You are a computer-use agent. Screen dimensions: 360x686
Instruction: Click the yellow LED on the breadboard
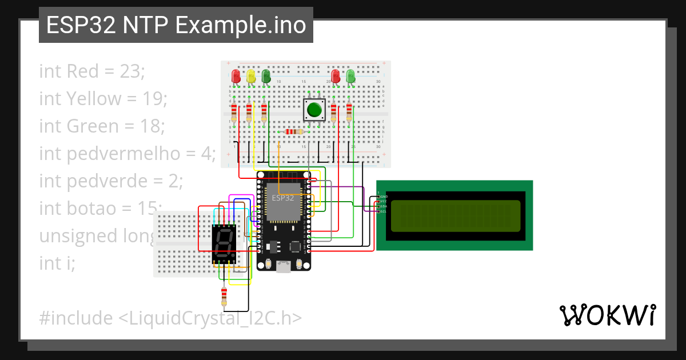250,76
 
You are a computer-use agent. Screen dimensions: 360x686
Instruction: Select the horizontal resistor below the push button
293,132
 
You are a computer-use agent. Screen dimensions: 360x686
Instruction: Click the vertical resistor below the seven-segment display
224,296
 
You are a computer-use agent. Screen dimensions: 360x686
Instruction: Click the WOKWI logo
607,315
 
